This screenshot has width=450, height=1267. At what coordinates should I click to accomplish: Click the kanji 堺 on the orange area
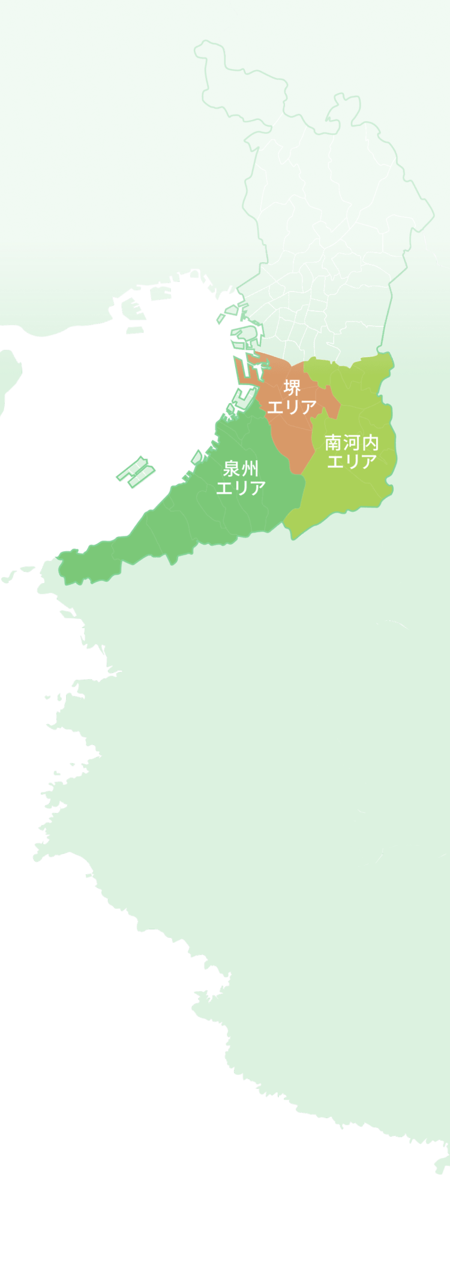(x=292, y=388)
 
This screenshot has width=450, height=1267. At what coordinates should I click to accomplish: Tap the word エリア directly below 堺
(x=292, y=407)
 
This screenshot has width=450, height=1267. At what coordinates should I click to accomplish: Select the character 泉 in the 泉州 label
(x=232, y=468)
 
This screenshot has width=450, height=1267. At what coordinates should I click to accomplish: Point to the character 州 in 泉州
(x=250, y=468)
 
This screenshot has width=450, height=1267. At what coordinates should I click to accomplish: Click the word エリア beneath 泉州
(x=241, y=488)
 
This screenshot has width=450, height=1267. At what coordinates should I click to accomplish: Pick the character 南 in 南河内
(x=334, y=443)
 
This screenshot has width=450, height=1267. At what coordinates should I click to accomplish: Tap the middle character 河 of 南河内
(x=352, y=443)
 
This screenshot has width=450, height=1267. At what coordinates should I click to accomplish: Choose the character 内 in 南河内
(x=370, y=443)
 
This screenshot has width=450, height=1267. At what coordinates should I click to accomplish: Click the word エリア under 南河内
(x=352, y=462)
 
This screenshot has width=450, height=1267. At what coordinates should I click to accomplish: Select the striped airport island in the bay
(x=136, y=471)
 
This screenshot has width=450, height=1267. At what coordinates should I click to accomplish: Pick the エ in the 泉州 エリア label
(x=223, y=488)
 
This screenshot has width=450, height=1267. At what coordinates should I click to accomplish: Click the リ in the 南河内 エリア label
(x=352, y=462)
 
